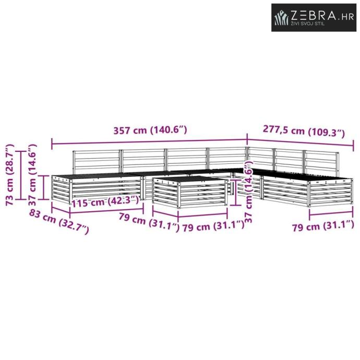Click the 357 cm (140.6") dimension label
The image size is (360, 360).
150,130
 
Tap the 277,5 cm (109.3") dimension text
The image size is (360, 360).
304,131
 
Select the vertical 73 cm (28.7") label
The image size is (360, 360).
10,175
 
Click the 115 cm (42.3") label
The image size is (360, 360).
105,202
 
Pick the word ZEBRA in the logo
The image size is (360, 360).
314,15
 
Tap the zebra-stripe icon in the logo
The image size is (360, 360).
282,17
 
